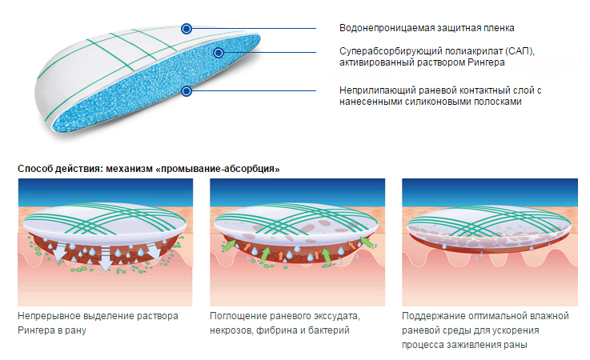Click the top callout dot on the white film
click(x=187, y=29)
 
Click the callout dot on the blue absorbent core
click(x=219, y=53)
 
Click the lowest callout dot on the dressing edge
click(x=187, y=91)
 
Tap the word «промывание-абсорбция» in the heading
click(x=218, y=169)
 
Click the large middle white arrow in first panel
click(x=106, y=258)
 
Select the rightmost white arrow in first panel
click(x=154, y=250)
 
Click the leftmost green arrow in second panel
click(x=228, y=246)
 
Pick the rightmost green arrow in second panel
click(x=367, y=242)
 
